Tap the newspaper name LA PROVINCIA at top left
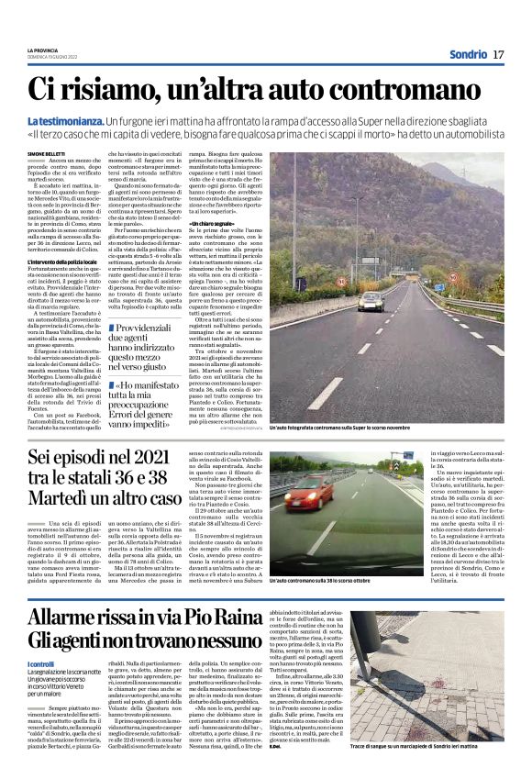coord(42,50)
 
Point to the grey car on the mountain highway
coord(371,299)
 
